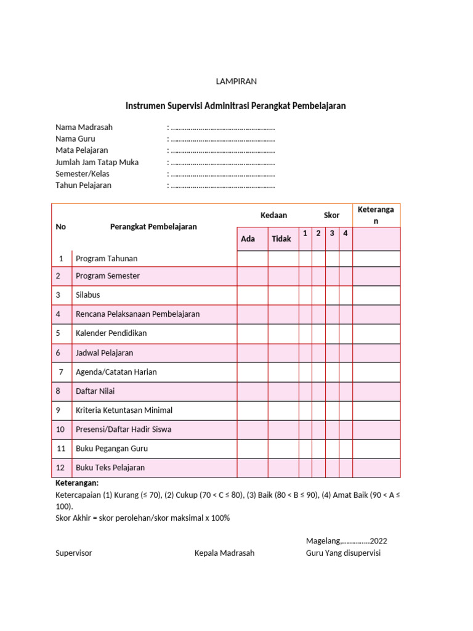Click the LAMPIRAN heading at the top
point(236,81)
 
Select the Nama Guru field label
point(75,139)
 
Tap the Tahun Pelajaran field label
point(84,185)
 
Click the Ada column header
point(248,238)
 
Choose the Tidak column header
point(281,238)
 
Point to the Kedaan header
point(273,215)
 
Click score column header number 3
point(332,233)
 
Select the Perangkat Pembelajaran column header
point(153,226)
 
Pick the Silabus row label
point(87,295)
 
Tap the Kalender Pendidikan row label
point(111,333)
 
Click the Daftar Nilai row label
point(95,391)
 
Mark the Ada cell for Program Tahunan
point(252,259)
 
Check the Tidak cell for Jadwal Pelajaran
point(283,352)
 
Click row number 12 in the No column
point(60,467)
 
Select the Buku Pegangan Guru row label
point(111,448)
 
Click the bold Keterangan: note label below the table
point(77,483)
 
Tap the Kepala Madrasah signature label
point(224,553)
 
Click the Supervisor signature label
point(74,553)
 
